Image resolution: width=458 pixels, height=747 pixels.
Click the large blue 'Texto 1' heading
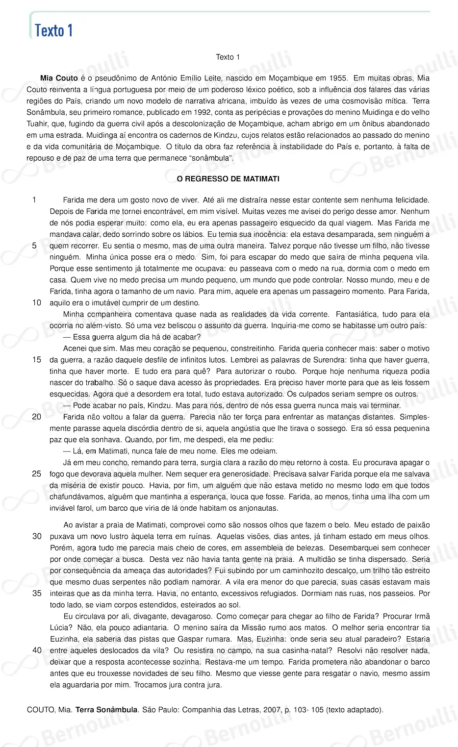pos(54,30)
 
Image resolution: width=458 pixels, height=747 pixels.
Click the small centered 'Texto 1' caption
pos(228,57)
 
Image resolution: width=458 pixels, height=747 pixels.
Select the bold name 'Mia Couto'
pos(59,78)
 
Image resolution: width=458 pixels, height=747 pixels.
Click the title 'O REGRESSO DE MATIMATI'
pos(228,179)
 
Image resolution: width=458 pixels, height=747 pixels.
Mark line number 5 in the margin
pos(34,246)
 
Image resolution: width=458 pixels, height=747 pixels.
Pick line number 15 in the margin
pos(37,360)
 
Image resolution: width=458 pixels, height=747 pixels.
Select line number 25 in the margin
pos(37,474)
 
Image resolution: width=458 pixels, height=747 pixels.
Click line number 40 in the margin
pos(37,650)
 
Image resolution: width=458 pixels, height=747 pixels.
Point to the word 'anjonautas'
pos(258,508)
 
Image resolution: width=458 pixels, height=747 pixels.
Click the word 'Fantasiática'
pos(357,314)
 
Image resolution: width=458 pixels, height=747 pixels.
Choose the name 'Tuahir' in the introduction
pos(38,124)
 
